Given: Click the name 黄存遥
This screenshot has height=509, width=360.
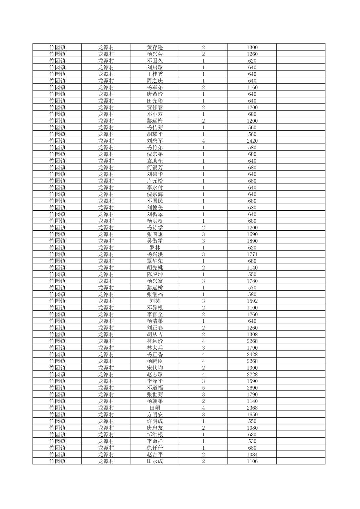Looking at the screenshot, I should coord(155,47).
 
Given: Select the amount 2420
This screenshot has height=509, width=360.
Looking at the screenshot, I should coord(252,141).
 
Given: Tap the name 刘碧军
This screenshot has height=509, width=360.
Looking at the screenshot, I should coord(155,141).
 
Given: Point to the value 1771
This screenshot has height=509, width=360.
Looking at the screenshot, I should coord(252,254).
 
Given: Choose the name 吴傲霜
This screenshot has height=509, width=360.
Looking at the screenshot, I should coord(155,241).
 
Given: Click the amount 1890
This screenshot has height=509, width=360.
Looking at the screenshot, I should coord(252,241).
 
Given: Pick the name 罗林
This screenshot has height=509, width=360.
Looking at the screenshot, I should coord(155,247).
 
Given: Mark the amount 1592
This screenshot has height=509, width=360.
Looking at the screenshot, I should coord(252,301).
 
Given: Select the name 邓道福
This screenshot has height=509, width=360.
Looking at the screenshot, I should coord(155,388).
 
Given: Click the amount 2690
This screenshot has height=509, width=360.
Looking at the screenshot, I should coord(252,388).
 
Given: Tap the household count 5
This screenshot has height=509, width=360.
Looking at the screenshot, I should coord(203,388).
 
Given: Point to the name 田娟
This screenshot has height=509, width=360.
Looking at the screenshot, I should coord(155,408).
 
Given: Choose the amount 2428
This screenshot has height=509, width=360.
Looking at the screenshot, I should coord(252,354).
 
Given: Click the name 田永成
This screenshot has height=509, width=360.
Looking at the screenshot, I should coord(155,461).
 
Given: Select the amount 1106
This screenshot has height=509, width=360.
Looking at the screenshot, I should coord(252,461).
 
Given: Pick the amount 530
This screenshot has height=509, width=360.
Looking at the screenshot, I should coord(252,441).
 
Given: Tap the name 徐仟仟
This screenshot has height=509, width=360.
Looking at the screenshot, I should coord(155,448).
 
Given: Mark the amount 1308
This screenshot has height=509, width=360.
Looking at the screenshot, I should coord(252,334).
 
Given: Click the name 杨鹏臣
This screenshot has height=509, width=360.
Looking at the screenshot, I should coord(155,361).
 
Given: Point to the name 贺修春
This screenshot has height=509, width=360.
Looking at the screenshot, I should coord(155,107).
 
